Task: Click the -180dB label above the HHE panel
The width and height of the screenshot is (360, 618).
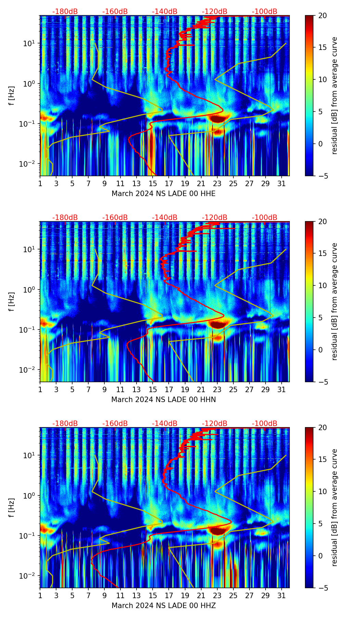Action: pyautogui.click(x=65, y=12)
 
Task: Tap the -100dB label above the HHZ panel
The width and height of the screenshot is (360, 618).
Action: pyautogui.click(x=265, y=424)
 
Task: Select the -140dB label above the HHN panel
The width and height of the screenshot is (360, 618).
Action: pyautogui.click(x=165, y=218)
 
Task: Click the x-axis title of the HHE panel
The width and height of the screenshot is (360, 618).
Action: pyautogui.click(x=164, y=194)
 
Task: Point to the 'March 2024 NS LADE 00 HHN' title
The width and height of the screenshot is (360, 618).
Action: pyautogui.click(x=164, y=400)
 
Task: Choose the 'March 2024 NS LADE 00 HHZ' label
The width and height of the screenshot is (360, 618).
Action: pyautogui.click(x=164, y=606)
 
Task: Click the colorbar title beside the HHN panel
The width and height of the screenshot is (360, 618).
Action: pyautogui.click(x=335, y=301)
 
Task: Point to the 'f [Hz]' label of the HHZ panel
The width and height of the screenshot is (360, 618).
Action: pyautogui.click(x=11, y=507)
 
